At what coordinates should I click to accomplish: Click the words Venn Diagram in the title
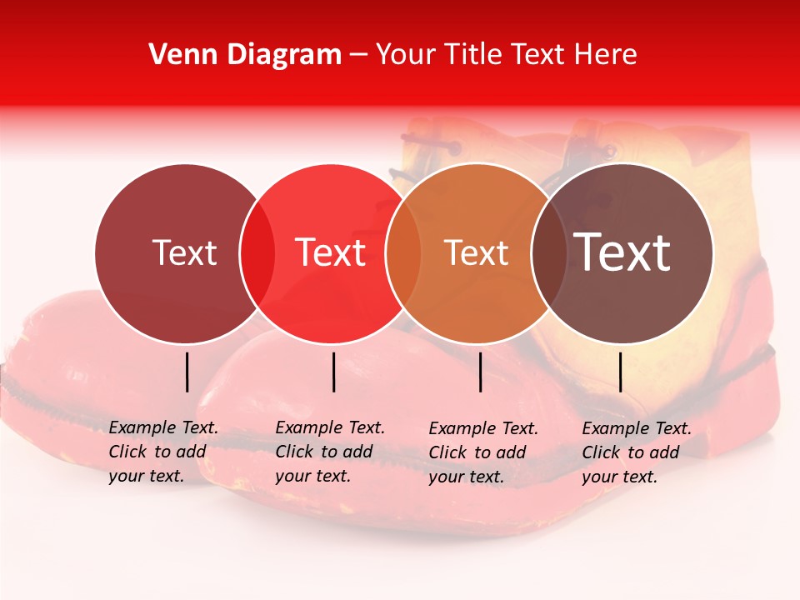point(245,55)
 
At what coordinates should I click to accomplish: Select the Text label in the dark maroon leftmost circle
point(184,252)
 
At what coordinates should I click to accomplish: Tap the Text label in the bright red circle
point(330,252)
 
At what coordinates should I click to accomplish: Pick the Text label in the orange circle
point(476,252)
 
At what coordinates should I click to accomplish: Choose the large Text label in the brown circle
point(622,252)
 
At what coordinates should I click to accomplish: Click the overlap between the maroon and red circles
point(257,252)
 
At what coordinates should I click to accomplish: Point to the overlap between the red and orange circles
point(403,252)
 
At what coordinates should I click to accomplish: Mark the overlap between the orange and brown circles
point(547,252)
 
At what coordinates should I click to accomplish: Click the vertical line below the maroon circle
point(187,372)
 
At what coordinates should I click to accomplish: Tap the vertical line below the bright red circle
point(333,372)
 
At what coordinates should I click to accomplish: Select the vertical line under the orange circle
point(481,372)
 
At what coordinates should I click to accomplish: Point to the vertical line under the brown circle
point(620,372)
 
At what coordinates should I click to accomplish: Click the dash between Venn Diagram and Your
point(358,55)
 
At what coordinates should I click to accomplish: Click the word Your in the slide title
point(407,55)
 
